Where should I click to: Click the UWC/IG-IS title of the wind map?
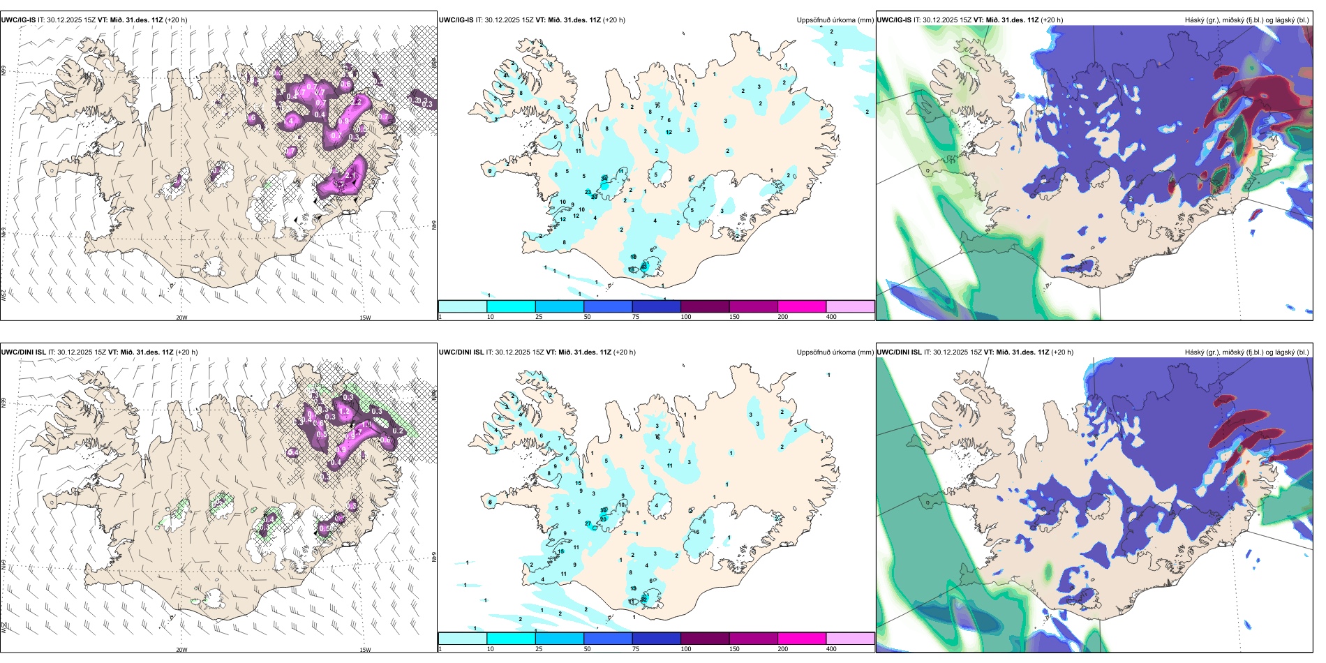click(x=18, y=20)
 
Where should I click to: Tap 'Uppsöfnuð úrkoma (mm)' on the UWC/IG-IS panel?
click(x=835, y=20)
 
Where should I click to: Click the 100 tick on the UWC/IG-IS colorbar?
click(x=686, y=317)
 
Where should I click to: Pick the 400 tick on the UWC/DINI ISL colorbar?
click(x=831, y=649)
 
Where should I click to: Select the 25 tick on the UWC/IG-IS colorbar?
click(x=539, y=317)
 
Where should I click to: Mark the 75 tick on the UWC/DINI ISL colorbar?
click(x=636, y=649)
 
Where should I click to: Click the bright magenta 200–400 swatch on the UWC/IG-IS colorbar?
click(x=802, y=306)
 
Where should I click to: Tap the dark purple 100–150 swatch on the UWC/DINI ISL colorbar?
click(x=705, y=639)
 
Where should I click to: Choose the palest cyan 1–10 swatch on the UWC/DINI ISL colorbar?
click(x=463, y=639)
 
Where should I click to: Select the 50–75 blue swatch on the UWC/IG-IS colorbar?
click(x=608, y=306)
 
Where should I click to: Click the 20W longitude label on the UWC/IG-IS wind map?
click(x=181, y=318)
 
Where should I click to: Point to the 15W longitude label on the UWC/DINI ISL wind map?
click(x=365, y=650)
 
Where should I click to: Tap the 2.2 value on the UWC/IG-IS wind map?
click(x=356, y=102)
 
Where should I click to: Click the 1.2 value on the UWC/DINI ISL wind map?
click(x=344, y=412)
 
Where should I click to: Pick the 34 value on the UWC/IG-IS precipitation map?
click(x=604, y=179)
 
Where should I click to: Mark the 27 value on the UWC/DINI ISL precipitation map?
click(x=588, y=523)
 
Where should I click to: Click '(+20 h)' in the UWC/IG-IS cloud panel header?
click(x=1052, y=20)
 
